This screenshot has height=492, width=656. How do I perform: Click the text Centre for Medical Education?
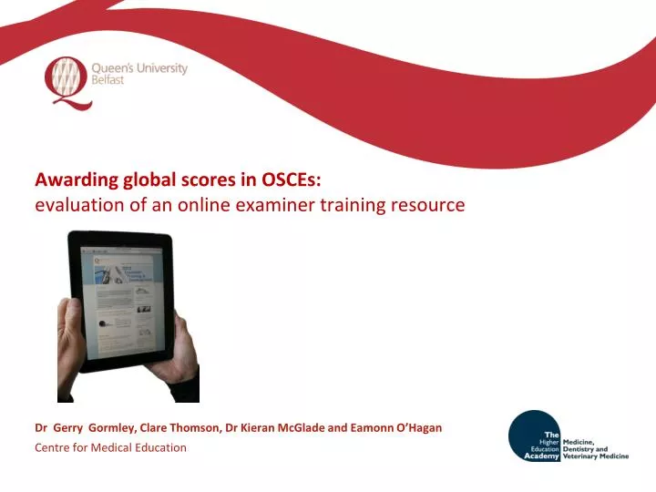pos(110,447)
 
